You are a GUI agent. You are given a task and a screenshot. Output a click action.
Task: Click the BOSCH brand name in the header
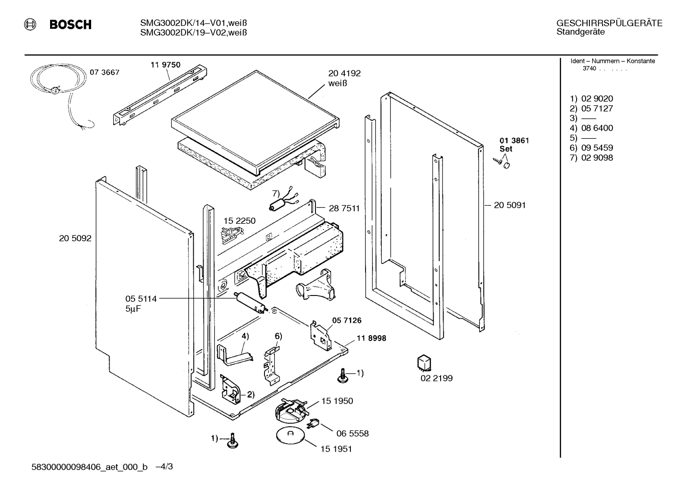tap(70, 25)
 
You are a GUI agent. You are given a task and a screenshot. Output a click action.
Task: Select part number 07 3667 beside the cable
tap(104, 72)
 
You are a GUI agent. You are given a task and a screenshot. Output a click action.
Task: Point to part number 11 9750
tap(165, 65)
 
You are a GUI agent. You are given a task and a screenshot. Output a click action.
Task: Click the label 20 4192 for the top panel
tap(344, 73)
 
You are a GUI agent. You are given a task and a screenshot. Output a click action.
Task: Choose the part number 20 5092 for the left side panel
tap(75, 238)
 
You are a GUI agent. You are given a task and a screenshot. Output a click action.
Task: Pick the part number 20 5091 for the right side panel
tap(510, 205)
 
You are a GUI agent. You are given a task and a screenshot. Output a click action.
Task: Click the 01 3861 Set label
tap(514, 144)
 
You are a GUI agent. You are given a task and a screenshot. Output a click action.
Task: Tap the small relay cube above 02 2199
tap(424, 363)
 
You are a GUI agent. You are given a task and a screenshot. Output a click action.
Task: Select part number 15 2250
tap(239, 221)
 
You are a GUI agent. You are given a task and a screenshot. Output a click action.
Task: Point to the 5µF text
tap(133, 309)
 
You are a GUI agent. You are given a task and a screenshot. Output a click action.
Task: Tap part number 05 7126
tap(347, 321)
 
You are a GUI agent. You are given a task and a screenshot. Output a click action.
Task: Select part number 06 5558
tap(352, 433)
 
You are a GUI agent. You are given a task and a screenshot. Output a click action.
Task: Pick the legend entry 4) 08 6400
tap(591, 128)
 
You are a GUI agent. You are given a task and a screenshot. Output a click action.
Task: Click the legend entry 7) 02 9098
tap(591, 158)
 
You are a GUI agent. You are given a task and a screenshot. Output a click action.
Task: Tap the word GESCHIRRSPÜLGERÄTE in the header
tap(609, 23)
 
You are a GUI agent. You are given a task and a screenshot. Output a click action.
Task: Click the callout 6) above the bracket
tap(278, 336)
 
